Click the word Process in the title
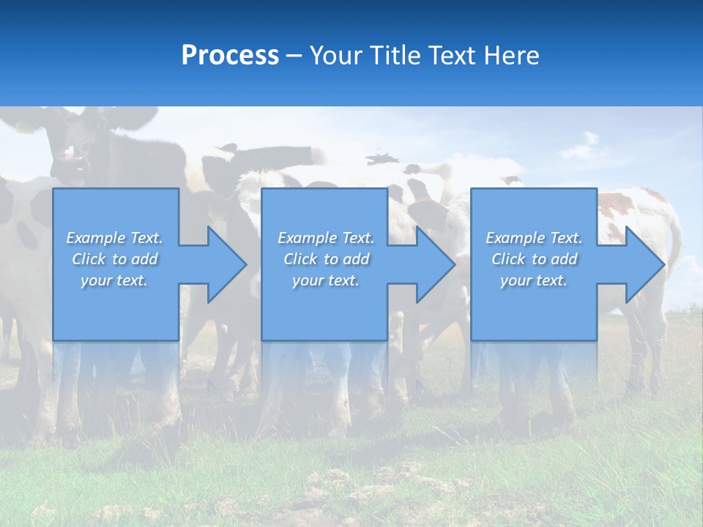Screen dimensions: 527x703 point(230,56)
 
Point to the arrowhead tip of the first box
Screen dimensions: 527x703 point(245,264)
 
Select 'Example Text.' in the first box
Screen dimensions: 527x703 point(114,238)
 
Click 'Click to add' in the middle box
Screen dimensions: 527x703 point(326,259)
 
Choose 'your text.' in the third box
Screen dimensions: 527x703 point(533,280)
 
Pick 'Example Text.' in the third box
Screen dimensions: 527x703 point(533,238)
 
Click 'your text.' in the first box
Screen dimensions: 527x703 point(114,280)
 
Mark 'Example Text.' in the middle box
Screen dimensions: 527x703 point(326,238)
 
